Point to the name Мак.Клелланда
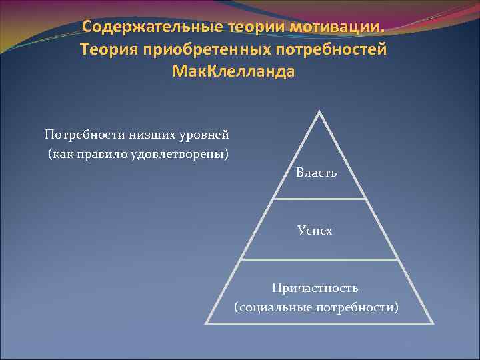coord(232,71)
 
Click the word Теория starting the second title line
coord(107,50)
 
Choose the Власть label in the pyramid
coord(317,173)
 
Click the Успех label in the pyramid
coord(315,231)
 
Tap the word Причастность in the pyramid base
coord(315,287)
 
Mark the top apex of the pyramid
coord(320,112)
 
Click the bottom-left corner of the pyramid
coord(206,323)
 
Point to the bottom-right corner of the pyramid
coord(433,323)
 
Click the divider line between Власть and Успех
coord(320,199)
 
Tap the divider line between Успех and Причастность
coord(320,259)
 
